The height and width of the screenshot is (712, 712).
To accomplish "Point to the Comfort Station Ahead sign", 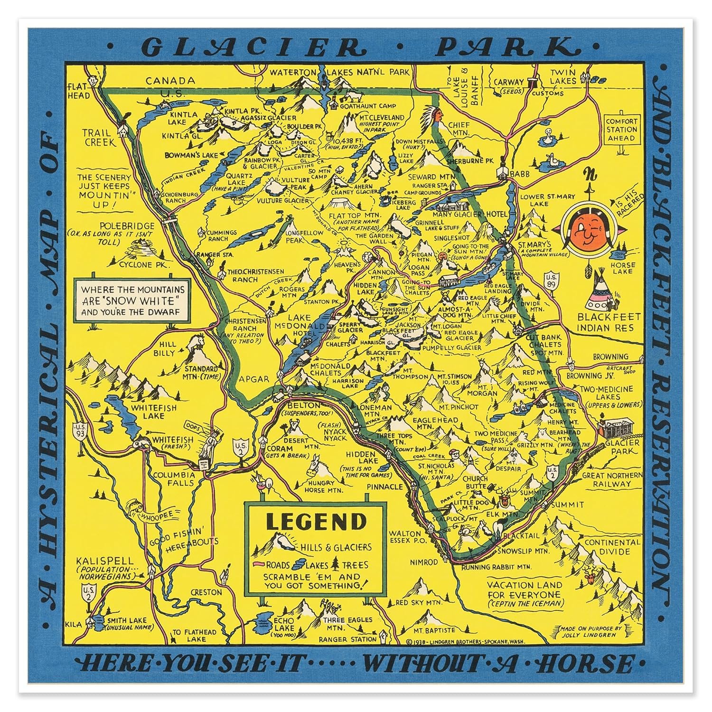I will tap(621, 129).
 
